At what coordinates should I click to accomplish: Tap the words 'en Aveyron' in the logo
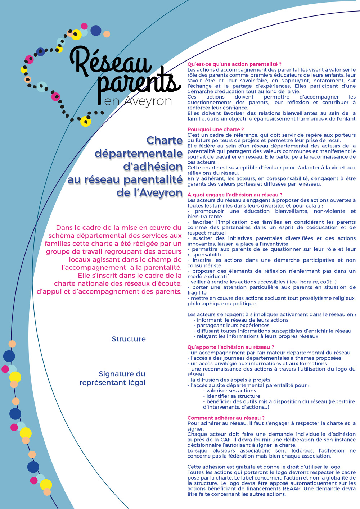138,101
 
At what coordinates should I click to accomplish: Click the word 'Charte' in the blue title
165,140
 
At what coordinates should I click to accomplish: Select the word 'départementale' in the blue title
139,154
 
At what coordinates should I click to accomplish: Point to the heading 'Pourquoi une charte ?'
216,129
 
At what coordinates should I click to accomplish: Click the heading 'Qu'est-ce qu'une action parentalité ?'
234,64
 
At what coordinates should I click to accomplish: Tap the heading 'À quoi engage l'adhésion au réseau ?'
235,195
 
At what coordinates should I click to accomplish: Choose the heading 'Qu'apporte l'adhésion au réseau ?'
231,347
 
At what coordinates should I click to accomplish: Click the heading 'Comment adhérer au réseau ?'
226,418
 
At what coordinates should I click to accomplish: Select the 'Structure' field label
129,339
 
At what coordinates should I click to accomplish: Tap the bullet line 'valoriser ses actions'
231,391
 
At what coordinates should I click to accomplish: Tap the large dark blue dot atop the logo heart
96,31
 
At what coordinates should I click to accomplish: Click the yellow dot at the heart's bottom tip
86,122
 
